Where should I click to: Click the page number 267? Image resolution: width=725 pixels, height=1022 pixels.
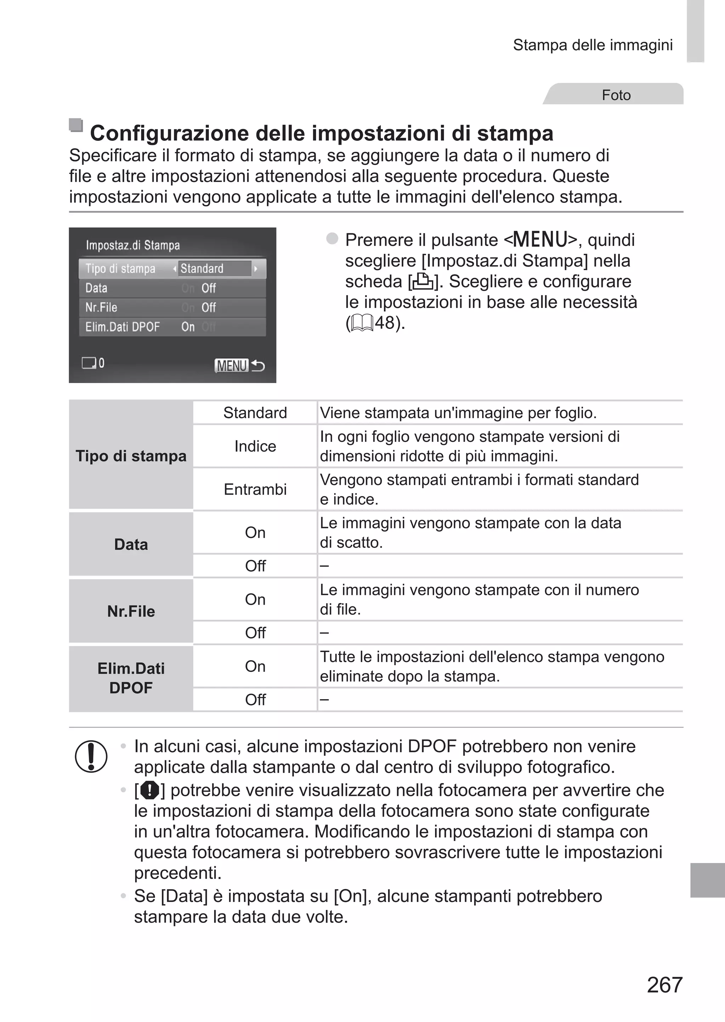point(664,984)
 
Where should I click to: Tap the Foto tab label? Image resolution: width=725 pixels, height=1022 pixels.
point(616,95)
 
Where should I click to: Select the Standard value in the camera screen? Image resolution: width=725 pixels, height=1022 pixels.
point(202,268)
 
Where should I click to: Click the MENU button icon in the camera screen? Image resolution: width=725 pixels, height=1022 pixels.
point(231,366)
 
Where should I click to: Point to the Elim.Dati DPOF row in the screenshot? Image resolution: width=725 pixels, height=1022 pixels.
point(172,327)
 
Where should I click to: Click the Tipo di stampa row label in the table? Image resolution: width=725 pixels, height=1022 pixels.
point(131,456)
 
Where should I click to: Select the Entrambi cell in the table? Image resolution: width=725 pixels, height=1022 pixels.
point(255,489)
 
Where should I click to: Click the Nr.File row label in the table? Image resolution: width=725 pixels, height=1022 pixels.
point(131,611)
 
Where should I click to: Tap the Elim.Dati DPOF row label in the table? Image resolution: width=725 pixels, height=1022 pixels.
point(131,678)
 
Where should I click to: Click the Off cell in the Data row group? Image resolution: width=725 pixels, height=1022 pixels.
point(255,566)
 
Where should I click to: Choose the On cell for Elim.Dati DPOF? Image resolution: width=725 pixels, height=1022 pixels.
point(255,666)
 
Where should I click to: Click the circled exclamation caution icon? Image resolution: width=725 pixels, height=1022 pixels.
point(91,756)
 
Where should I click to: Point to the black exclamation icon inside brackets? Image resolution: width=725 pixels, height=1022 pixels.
point(149,790)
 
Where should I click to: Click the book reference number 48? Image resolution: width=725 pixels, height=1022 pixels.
point(385,322)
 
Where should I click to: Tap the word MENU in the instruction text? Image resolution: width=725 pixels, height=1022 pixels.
point(540,240)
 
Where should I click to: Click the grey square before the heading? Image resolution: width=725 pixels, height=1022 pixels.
point(76,125)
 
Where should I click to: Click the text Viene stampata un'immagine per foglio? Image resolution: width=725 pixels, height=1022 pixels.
point(458,413)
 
